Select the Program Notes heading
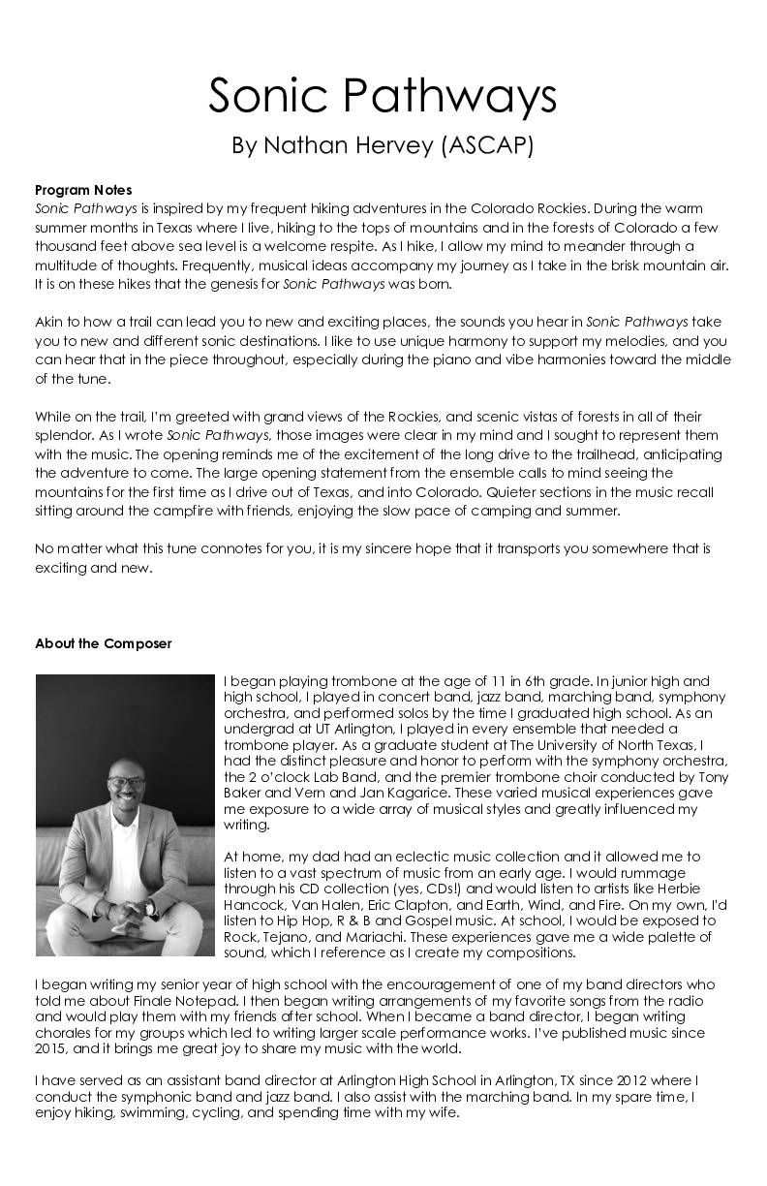(x=83, y=190)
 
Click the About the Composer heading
(x=103, y=643)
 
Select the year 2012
(x=650, y=1080)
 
